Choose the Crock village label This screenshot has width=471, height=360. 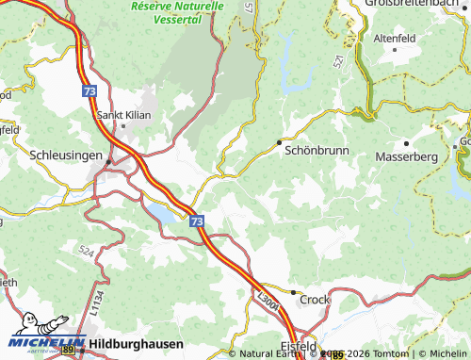pos(317,299)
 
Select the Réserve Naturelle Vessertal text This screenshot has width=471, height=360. pos(177,10)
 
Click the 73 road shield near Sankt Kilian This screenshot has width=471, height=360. pos(89,90)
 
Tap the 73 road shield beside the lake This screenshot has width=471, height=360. pos(196,221)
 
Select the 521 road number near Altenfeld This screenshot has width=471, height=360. pos(337,59)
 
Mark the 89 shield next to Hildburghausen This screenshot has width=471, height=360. pos(69,350)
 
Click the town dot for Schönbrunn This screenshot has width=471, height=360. pos(279,142)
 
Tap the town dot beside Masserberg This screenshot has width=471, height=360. pos(406,142)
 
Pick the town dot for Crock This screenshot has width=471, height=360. pos(294,293)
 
